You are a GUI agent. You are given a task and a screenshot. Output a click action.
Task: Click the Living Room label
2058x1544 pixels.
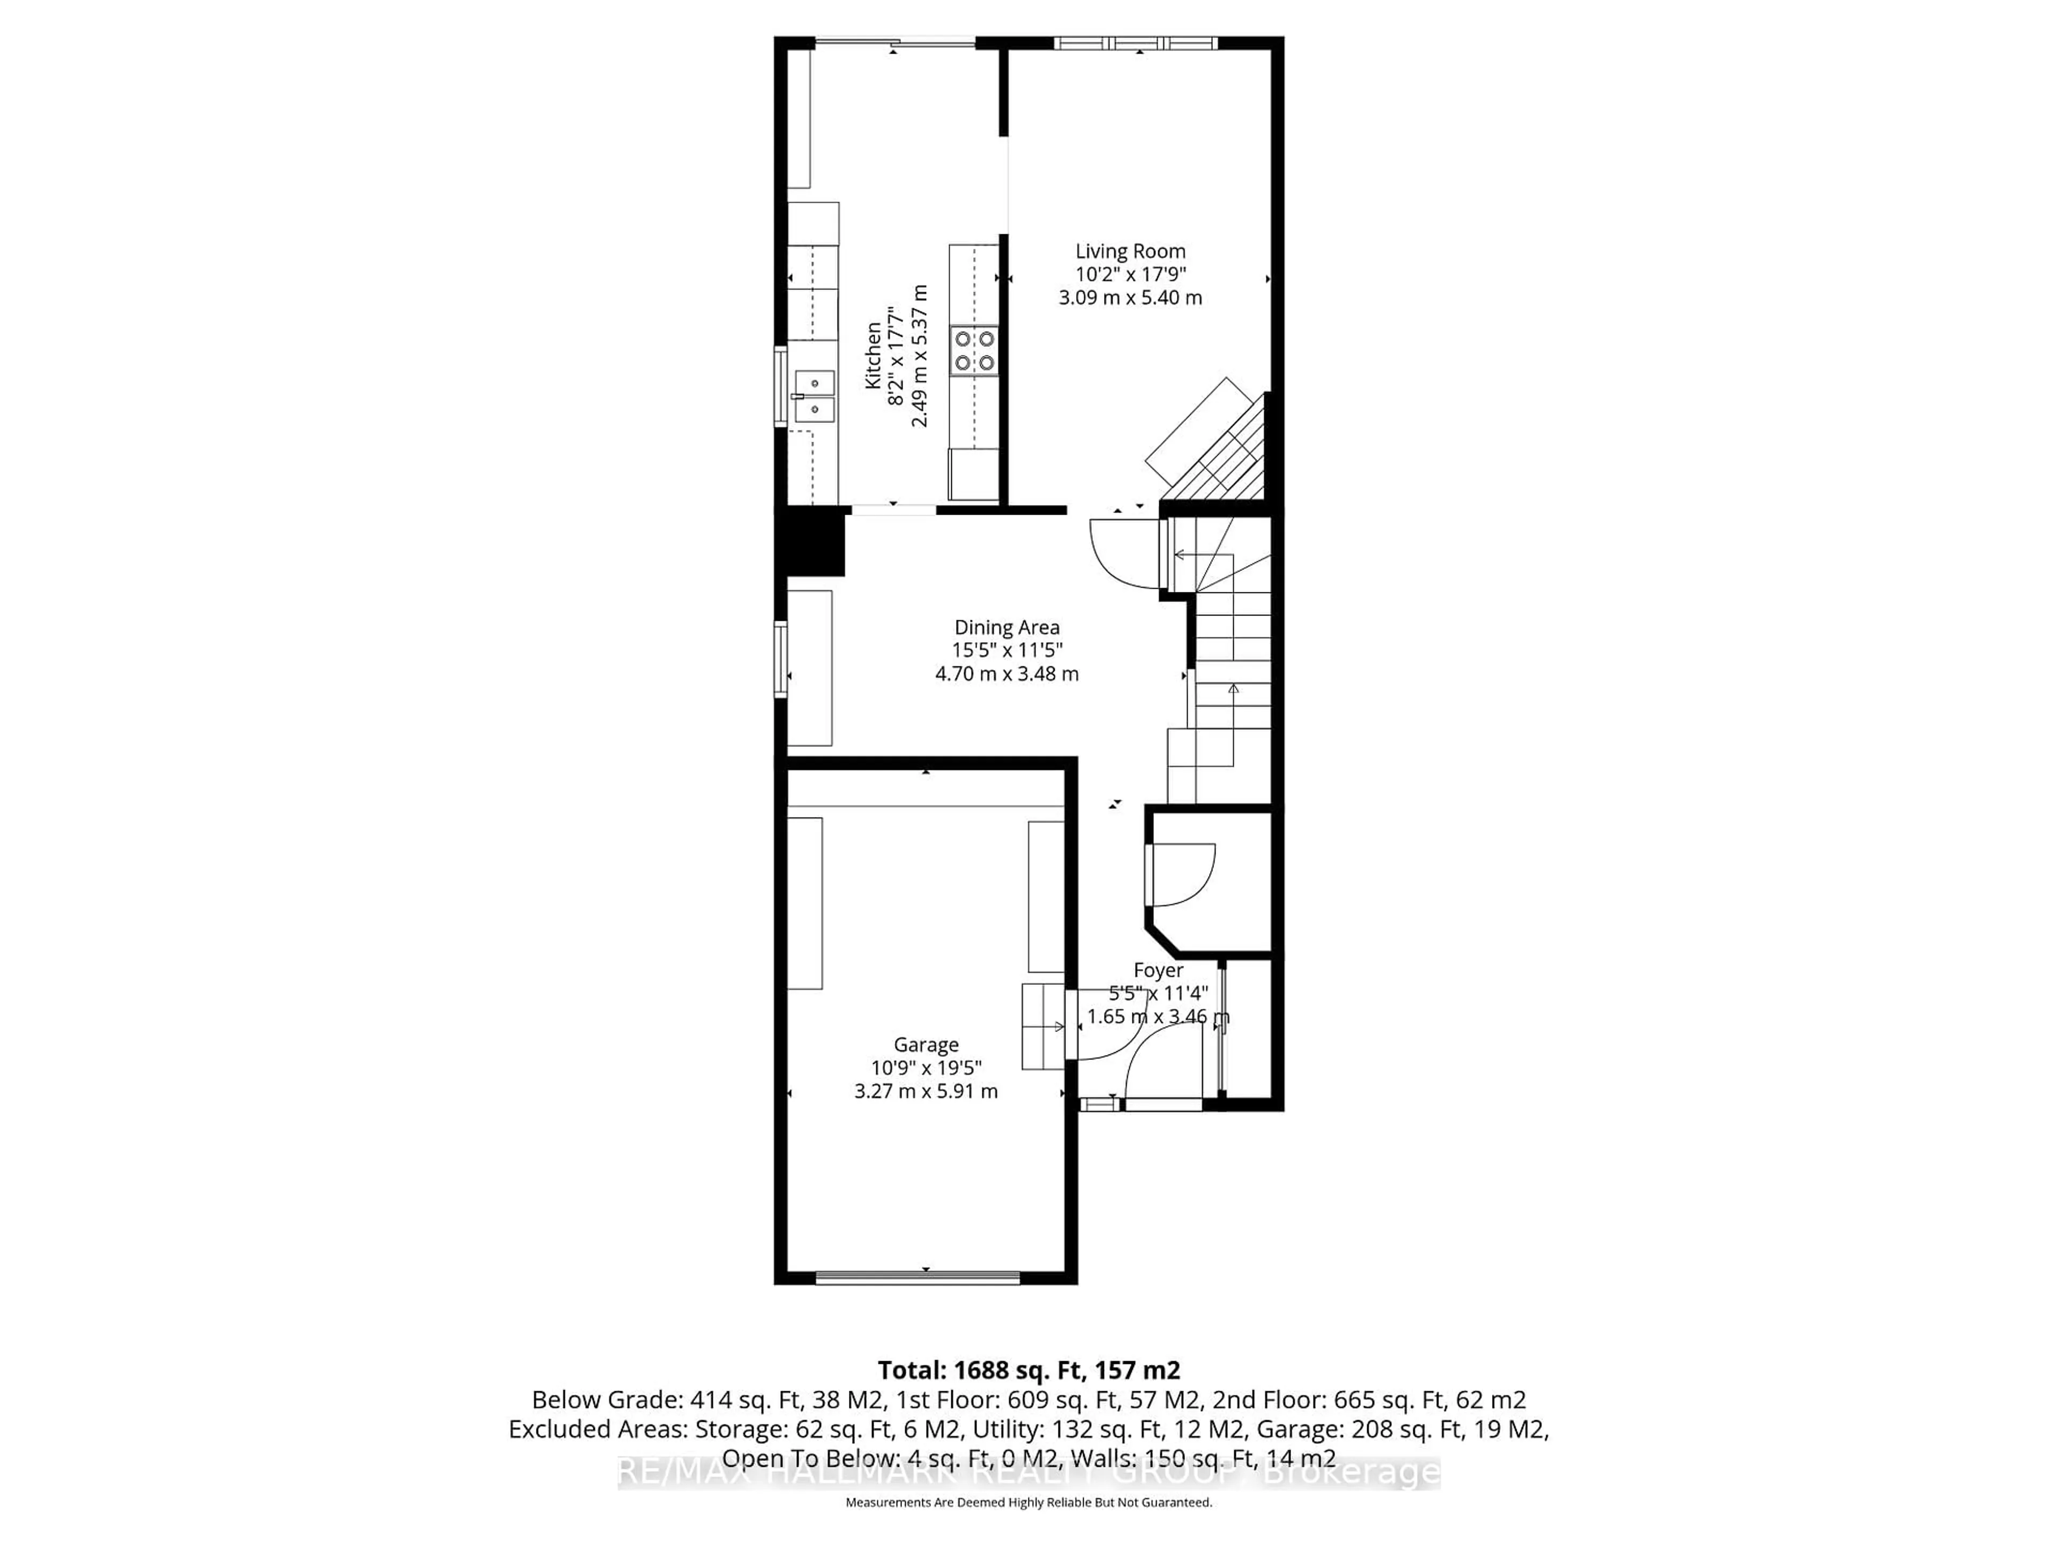(1130, 251)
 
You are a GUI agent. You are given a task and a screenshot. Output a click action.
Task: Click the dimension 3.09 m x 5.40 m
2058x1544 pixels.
(1130, 298)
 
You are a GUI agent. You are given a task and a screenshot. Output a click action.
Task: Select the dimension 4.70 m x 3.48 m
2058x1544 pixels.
(1006, 674)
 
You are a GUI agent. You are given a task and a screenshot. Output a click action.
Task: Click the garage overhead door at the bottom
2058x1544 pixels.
(918, 1279)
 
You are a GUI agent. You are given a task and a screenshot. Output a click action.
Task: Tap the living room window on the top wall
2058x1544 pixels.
(1135, 43)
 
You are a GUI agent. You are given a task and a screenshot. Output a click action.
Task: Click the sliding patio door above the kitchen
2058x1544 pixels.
(895, 42)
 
